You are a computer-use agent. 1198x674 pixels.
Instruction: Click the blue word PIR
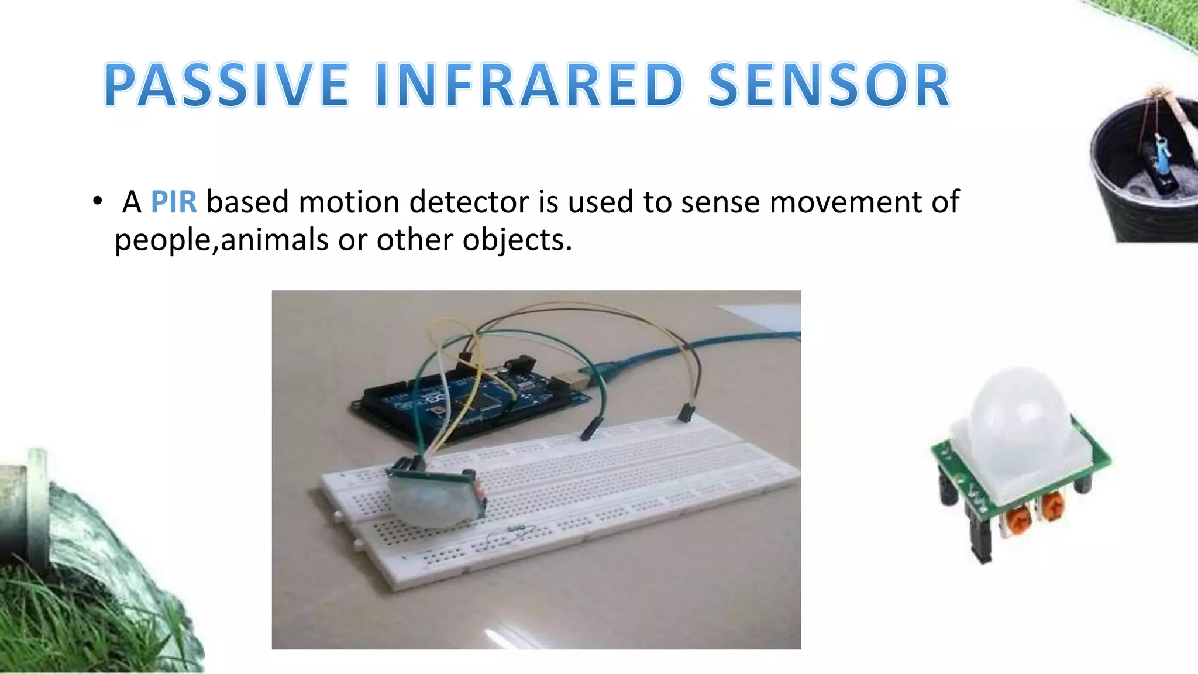[174, 202]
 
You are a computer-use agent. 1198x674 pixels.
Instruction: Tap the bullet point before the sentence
[97, 202]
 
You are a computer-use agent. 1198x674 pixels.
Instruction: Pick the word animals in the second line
[274, 240]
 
